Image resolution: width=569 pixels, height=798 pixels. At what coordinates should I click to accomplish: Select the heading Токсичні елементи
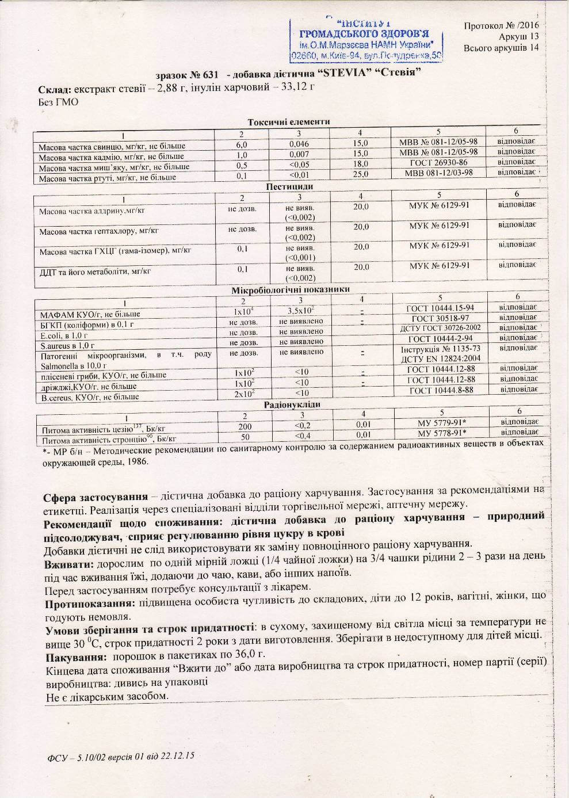pyautogui.click(x=288, y=122)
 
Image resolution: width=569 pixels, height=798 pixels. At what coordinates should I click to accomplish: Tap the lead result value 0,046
pyautogui.click(x=299, y=144)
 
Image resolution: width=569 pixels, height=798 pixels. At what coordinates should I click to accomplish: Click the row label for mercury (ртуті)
pyautogui.click(x=108, y=177)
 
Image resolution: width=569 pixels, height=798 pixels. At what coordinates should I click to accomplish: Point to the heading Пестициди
pyautogui.click(x=289, y=187)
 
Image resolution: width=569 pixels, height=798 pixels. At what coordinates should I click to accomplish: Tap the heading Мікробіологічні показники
pyautogui.click(x=291, y=289)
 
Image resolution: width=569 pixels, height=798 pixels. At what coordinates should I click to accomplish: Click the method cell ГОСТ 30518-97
pyautogui.click(x=440, y=318)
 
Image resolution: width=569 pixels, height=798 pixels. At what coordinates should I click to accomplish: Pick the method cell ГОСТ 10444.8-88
pyautogui.click(x=441, y=391)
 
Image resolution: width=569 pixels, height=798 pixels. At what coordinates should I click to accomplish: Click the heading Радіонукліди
pyautogui.click(x=292, y=404)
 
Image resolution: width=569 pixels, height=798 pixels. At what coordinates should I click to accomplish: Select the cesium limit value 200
pyautogui.click(x=245, y=426)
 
